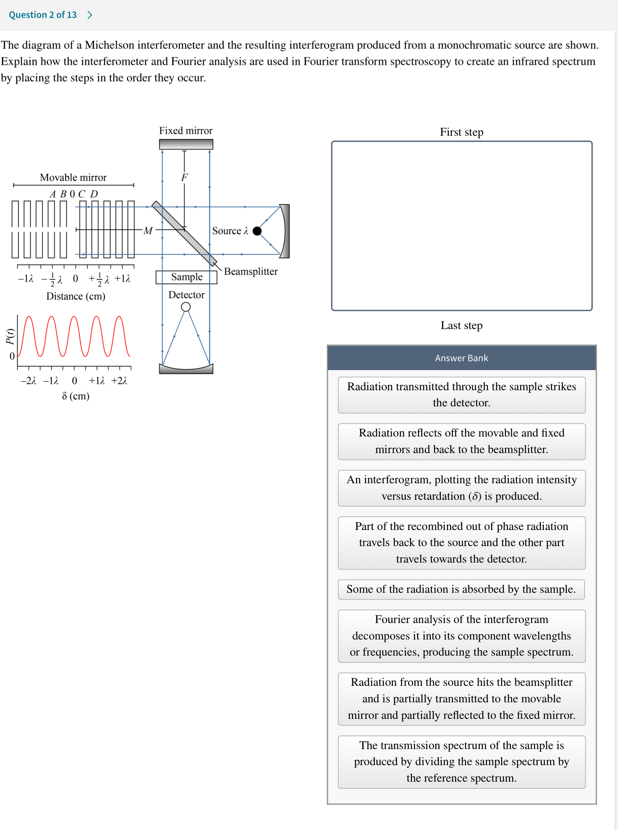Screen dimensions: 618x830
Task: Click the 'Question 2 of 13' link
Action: coord(43,15)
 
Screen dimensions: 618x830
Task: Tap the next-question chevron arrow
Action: coord(90,15)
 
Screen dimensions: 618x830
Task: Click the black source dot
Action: coord(257,231)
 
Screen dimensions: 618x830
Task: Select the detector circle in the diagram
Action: coord(186,307)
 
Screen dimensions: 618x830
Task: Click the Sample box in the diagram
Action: coord(186,277)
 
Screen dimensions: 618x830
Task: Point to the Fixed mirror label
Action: coord(186,130)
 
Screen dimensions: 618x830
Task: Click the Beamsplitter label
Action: coord(250,271)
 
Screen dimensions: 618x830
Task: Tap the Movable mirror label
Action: coord(73,177)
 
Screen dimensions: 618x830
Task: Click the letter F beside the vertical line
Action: coord(184,177)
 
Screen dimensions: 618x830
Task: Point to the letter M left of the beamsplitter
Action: coord(148,231)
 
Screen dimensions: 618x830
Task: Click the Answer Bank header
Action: coord(461,358)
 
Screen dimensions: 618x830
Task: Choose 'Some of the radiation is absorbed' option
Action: coord(461,589)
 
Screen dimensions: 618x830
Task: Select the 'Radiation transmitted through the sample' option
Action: coord(461,395)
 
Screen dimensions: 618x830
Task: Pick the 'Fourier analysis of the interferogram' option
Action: coord(461,635)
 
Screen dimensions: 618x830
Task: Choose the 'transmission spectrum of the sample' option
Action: coord(461,762)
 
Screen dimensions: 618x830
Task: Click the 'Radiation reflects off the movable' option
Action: coord(461,441)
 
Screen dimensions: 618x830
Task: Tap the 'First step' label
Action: coord(461,132)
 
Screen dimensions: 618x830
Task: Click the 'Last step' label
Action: coord(461,325)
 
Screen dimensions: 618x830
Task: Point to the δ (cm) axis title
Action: coord(76,396)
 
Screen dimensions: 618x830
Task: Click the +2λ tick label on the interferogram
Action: coord(119,381)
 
